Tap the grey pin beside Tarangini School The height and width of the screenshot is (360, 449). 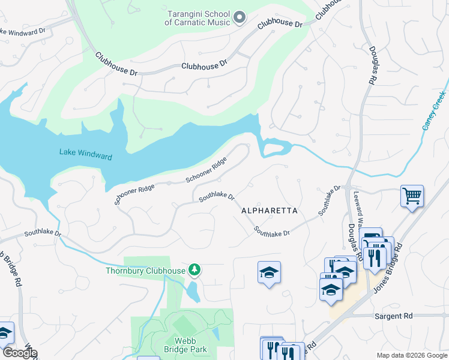(x=239, y=17)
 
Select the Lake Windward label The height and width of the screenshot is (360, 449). (x=85, y=155)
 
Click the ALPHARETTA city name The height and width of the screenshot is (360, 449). (x=270, y=211)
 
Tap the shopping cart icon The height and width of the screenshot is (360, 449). (x=412, y=196)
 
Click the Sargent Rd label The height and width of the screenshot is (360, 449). (x=394, y=316)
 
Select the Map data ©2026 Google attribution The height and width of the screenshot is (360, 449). (x=411, y=355)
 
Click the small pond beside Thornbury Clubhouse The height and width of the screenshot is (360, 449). (x=193, y=292)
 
